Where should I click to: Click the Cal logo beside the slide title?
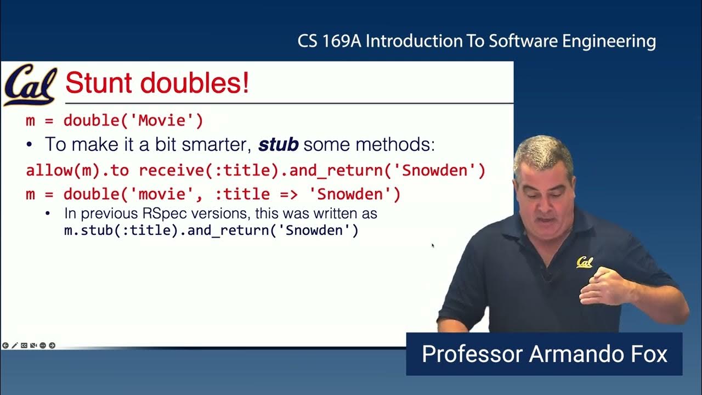tap(30, 85)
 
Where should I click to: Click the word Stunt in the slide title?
tap(96, 83)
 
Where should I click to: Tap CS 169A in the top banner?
tap(328, 41)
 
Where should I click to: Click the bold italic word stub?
tap(278, 145)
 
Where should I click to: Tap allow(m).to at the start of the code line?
tap(77, 170)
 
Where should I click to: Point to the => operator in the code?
tap(290, 194)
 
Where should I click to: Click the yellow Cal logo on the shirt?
tap(585, 262)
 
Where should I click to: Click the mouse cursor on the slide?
tap(433, 246)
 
